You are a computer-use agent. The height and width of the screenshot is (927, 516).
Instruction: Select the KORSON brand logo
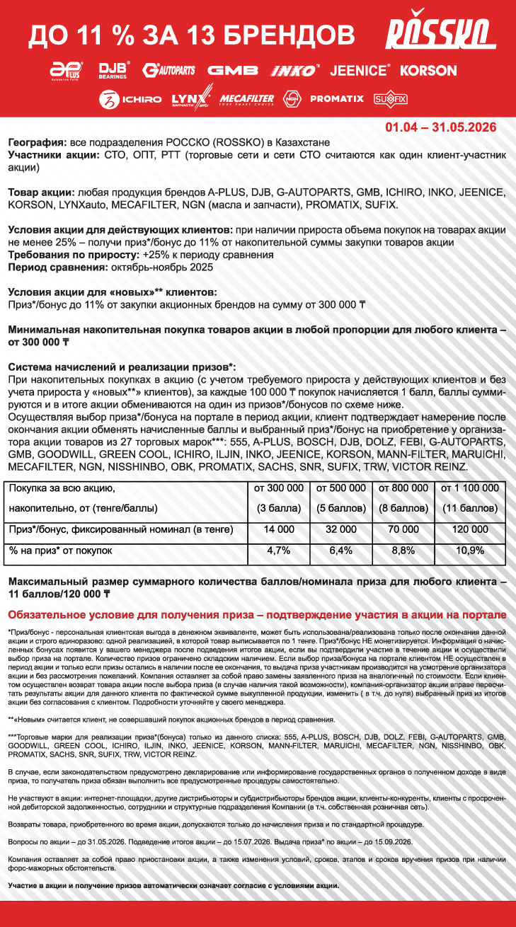click(x=428, y=70)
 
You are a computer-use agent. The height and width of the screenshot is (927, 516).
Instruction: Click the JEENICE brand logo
click(x=360, y=70)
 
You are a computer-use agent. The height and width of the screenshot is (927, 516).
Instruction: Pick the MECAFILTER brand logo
click(x=246, y=99)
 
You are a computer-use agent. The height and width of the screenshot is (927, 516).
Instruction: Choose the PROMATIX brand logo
click(x=336, y=99)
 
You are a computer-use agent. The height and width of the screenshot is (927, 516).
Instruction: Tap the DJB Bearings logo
click(x=113, y=70)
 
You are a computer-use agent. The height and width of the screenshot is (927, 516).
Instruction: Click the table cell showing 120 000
click(x=470, y=529)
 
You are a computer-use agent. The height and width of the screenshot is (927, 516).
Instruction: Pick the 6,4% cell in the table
click(x=341, y=550)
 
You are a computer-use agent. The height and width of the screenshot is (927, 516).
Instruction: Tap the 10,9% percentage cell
click(x=470, y=550)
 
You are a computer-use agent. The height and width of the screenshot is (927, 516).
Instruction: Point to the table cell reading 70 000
click(x=403, y=529)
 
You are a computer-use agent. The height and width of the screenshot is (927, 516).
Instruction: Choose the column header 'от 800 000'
click(x=403, y=488)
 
